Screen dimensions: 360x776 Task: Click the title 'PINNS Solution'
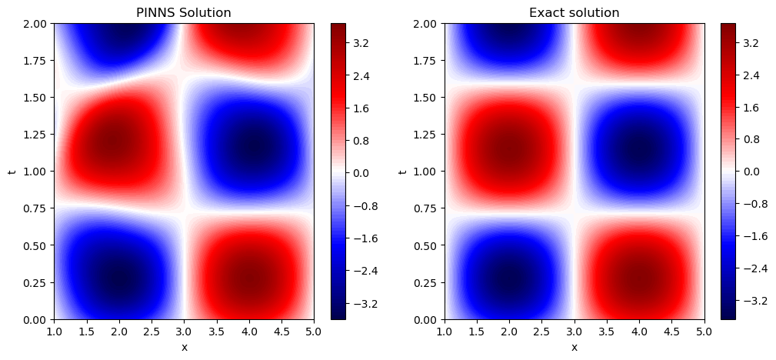(183, 12)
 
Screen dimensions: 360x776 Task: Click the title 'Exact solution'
(574, 12)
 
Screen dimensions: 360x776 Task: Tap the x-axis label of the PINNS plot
(184, 347)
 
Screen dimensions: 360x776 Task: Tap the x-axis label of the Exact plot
(575, 347)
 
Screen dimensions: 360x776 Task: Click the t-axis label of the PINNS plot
(12, 171)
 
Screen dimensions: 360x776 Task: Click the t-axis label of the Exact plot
(403, 171)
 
